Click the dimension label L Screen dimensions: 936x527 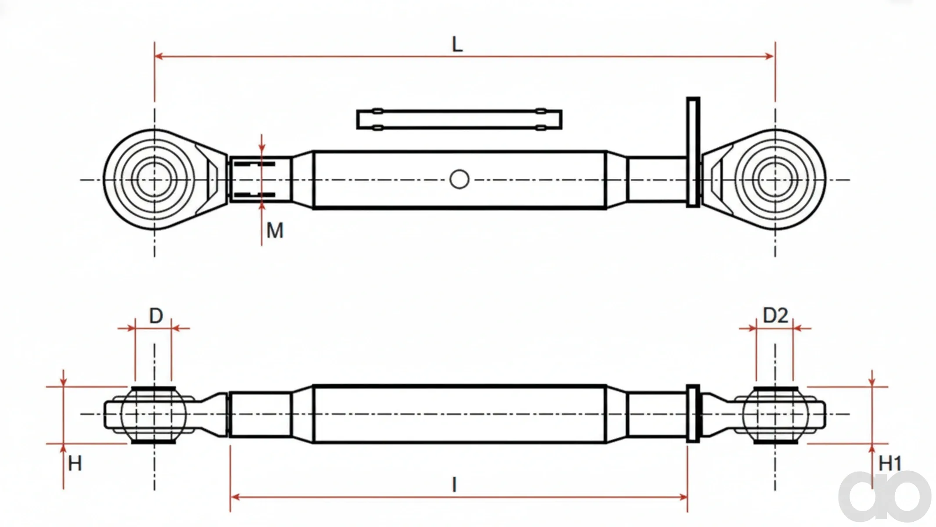pos(457,44)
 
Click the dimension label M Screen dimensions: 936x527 pos(275,230)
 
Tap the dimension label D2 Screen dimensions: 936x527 pos(775,315)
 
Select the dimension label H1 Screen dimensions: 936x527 pos(890,463)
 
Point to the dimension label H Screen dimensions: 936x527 pos(75,463)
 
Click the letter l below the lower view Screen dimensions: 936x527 pos(454,485)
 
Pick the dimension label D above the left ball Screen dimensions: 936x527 pos(156,316)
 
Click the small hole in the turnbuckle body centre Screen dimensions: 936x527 pos(459,179)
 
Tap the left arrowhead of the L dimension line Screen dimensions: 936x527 pos(159,56)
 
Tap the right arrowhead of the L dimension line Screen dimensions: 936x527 pos(770,56)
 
